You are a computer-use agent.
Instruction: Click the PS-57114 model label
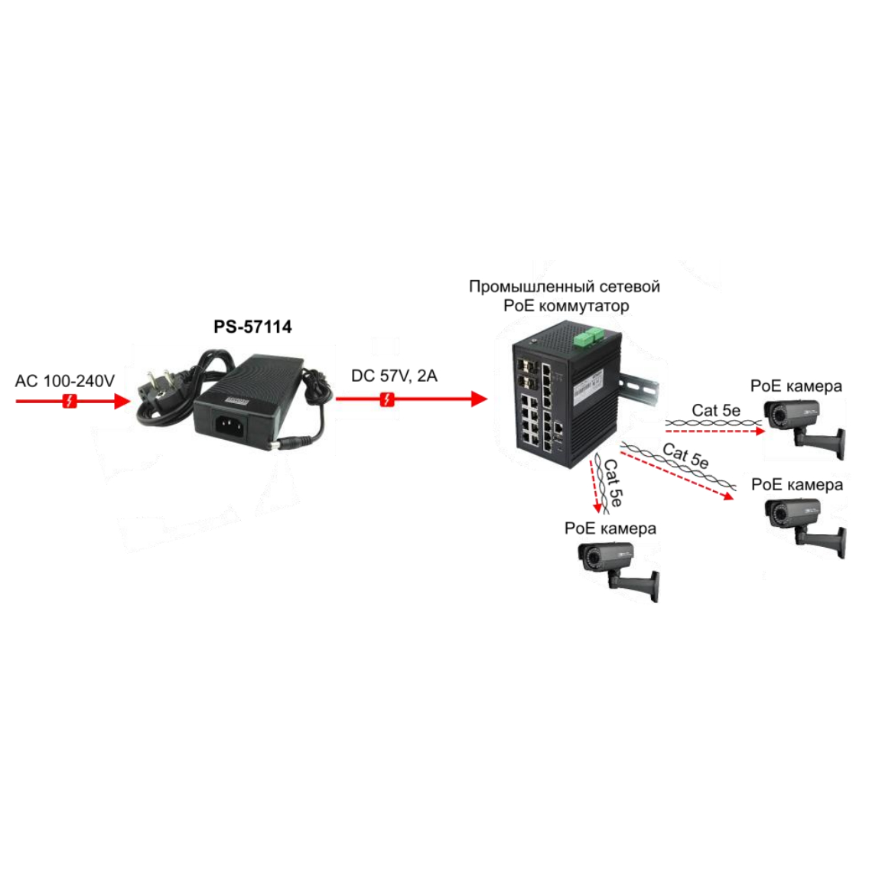[x=252, y=327]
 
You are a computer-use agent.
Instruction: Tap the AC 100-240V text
[x=65, y=381]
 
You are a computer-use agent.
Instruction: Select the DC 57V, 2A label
[x=394, y=376]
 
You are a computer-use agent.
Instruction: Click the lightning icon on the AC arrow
[x=70, y=401]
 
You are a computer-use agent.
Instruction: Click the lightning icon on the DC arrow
[x=387, y=399]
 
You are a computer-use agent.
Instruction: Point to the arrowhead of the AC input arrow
[x=122, y=402]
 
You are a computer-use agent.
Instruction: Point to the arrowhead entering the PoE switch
[x=480, y=399]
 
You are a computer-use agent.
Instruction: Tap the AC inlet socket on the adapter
[x=229, y=426]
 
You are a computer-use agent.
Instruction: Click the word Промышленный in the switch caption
[x=524, y=287]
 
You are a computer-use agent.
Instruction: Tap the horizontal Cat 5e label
[x=716, y=411]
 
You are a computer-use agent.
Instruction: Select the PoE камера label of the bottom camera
[x=610, y=529]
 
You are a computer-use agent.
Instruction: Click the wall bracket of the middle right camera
[x=822, y=539]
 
